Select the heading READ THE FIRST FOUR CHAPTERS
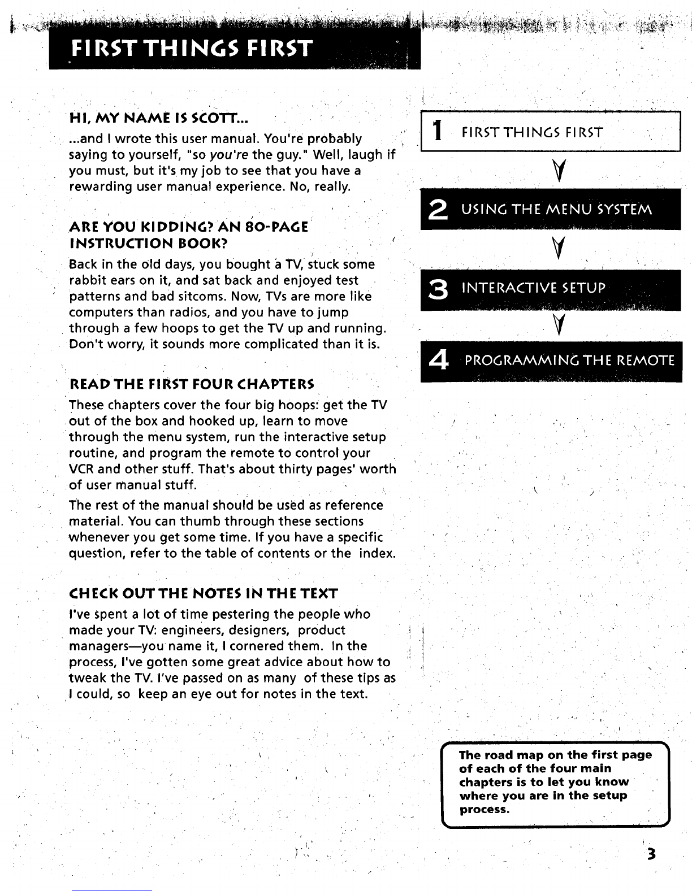192,385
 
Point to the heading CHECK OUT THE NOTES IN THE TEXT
203,594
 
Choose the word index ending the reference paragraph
377,553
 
